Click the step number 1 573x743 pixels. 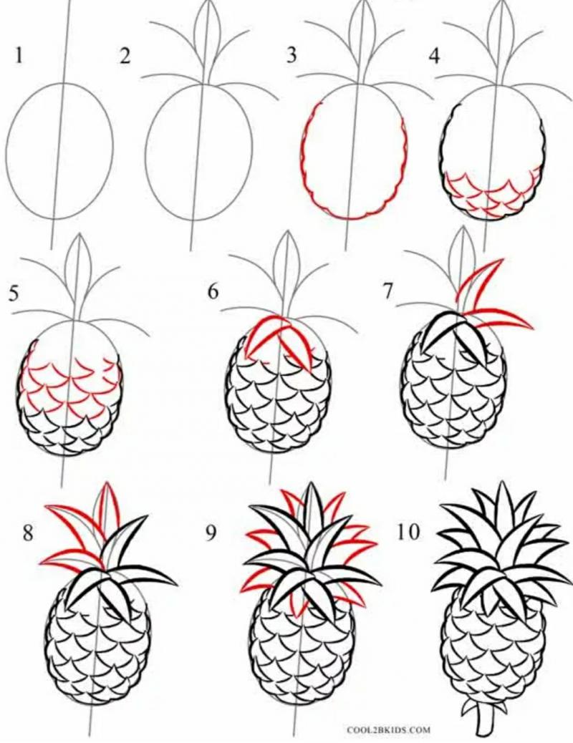[x=19, y=55]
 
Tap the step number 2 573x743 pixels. [x=125, y=56]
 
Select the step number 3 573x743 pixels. [x=292, y=55]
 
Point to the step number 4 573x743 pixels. [x=434, y=56]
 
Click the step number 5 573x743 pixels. [x=14, y=293]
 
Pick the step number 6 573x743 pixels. [x=213, y=291]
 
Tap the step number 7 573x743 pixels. [x=388, y=291]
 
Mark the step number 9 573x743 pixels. [x=211, y=533]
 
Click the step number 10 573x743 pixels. [x=408, y=532]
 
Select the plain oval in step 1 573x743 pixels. [x=59, y=151]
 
